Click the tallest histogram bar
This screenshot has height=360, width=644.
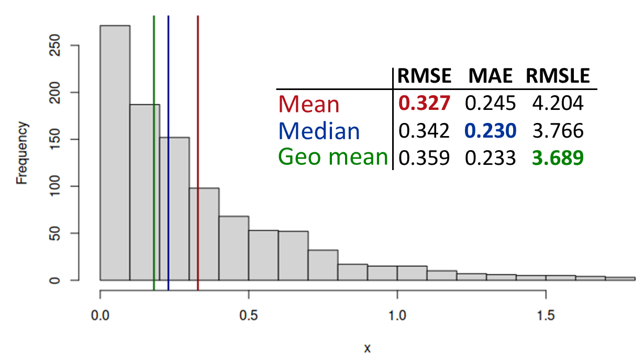point(115,153)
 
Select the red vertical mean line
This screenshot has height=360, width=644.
point(198,153)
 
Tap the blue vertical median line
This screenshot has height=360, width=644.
point(169,153)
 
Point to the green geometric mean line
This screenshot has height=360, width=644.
point(154,153)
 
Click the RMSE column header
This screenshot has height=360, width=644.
point(424,76)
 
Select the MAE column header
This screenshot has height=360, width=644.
point(491,76)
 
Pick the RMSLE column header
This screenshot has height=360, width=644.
point(558,76)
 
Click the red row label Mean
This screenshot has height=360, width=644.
point(309,104)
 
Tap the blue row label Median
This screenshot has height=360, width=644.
point(319,131)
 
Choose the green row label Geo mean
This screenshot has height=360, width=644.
point(333,157)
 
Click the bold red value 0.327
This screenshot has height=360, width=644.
point(424,103)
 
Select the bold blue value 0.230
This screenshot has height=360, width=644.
point(491,130)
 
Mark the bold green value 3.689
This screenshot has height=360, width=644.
point(558,157)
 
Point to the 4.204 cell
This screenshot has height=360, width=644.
point(558,103)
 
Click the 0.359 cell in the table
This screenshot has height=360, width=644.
point(424,157)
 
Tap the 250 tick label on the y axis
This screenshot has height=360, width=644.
point(54,45)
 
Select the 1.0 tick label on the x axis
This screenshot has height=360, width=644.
point(397,316)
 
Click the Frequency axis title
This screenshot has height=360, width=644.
point(21,153)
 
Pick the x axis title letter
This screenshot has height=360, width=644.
point(367,348)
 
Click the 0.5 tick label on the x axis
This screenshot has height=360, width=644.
point(248,316)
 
